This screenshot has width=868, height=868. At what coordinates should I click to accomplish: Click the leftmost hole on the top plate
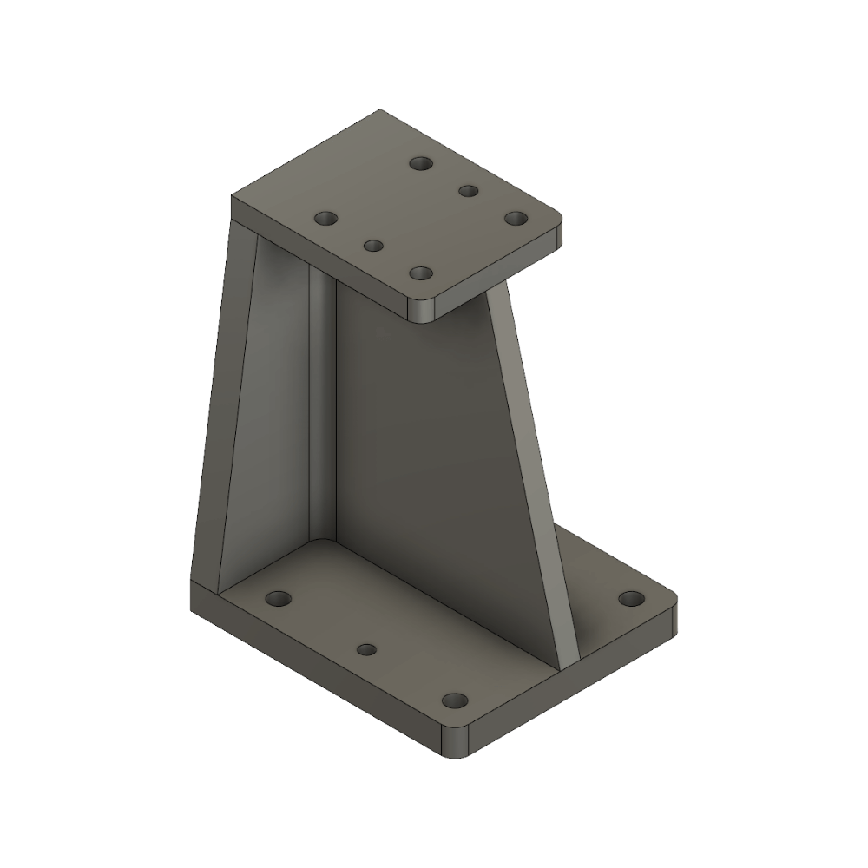click(325, 219)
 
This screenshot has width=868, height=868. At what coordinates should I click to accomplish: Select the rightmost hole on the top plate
click(516, 218)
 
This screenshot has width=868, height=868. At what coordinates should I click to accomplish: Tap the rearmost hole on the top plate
click(422, 163)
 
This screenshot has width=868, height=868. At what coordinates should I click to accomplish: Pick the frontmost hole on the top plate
click(421, 273)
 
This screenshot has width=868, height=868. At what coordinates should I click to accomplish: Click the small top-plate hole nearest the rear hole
click(469, 191)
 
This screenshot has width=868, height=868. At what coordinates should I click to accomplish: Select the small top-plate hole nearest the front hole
click(373, 246)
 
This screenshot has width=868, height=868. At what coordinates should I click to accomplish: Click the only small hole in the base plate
click(367, 649)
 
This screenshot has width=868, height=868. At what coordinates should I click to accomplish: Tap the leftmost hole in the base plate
click(279, 598)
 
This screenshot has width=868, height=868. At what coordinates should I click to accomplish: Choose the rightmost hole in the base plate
click(632, 598)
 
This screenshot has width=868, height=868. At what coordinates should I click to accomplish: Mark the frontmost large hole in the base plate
click(454, 700)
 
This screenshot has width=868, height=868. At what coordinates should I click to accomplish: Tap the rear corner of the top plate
click(380, 112)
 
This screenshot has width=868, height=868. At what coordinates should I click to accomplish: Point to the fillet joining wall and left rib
click(322, 408)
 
